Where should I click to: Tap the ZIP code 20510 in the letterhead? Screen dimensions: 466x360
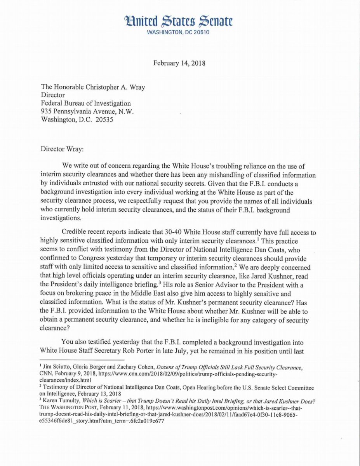coord(200,33)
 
